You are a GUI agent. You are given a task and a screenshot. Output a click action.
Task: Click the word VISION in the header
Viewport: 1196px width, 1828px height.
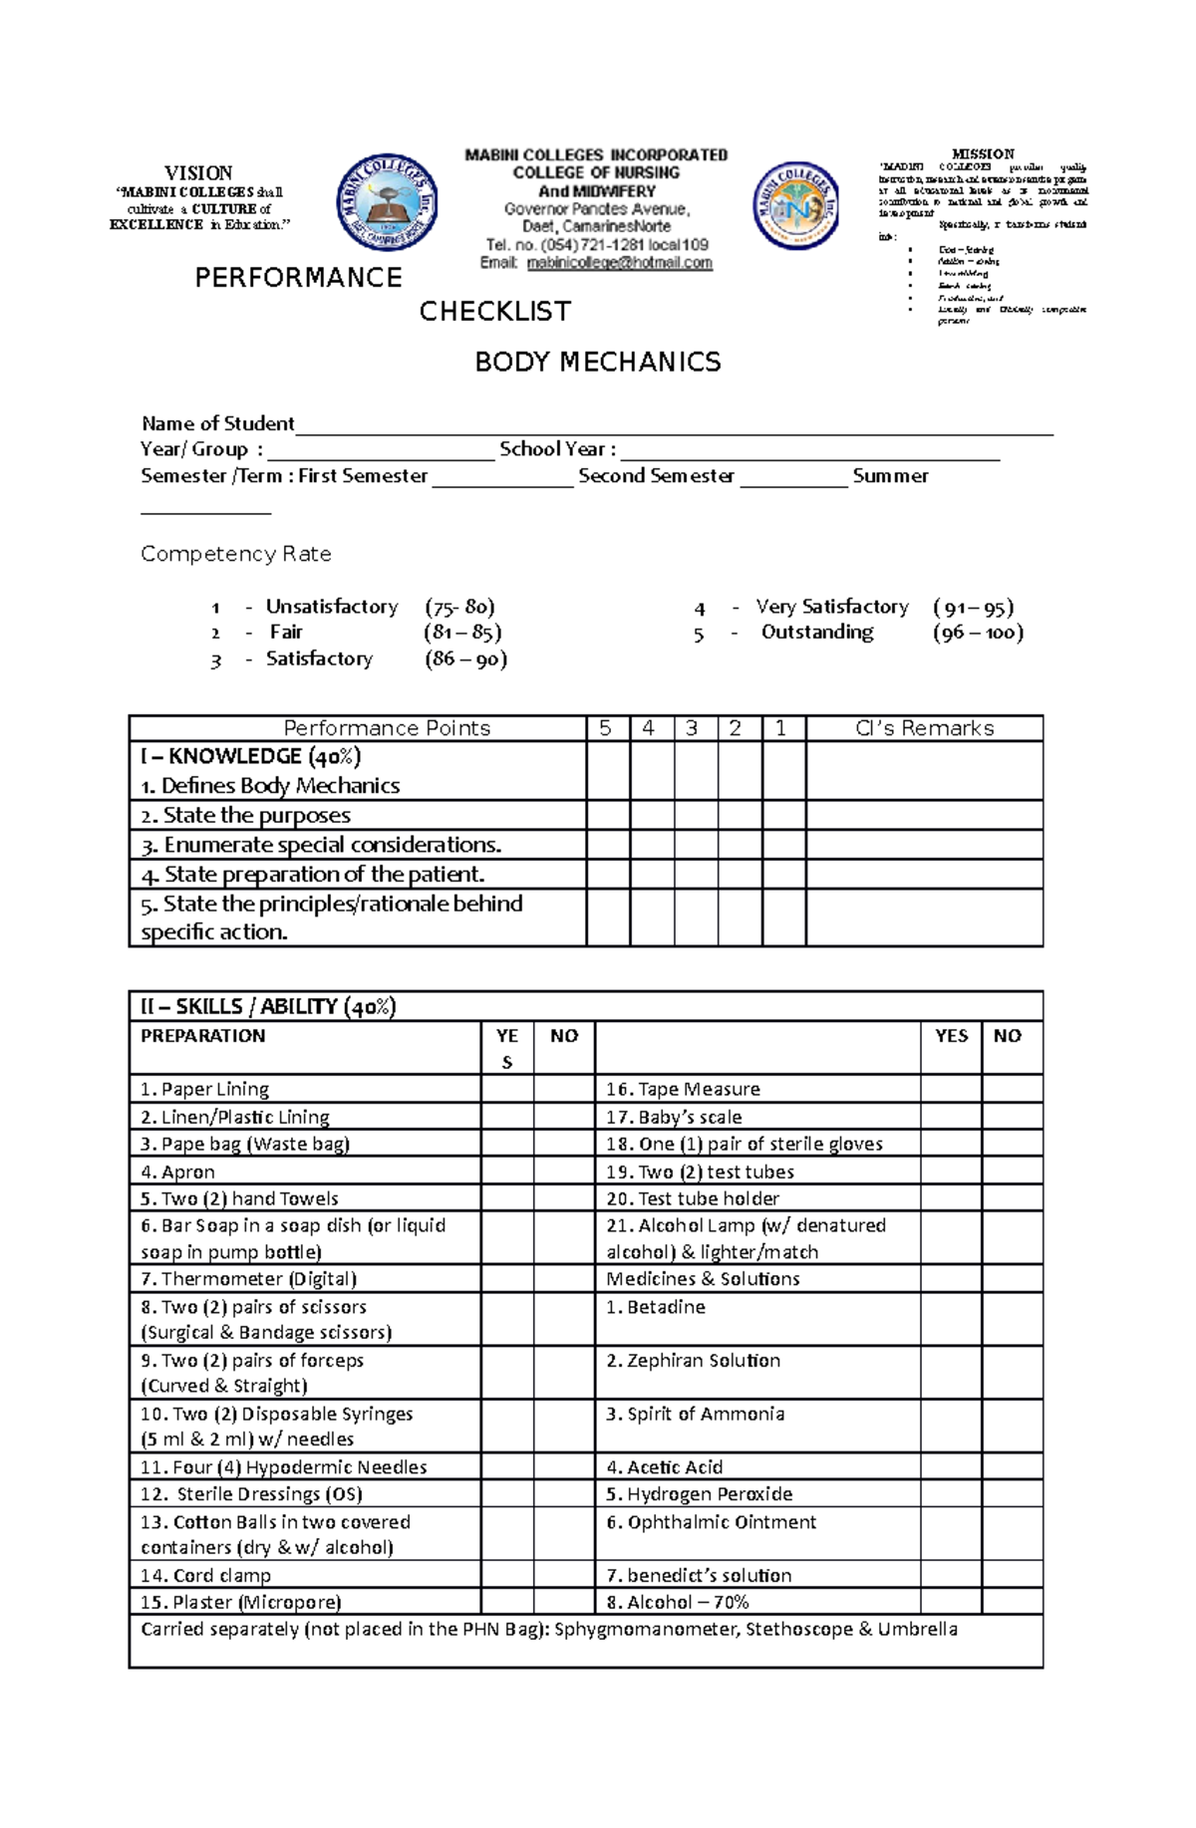198,173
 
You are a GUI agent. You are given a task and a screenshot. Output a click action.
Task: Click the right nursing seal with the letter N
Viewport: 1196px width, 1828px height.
795,205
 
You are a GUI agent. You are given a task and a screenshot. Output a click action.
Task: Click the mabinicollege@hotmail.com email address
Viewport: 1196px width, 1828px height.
619,263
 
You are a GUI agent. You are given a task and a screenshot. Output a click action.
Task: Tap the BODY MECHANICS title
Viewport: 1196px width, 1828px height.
597,362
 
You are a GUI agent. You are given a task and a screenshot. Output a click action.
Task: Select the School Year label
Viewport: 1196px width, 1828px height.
557,449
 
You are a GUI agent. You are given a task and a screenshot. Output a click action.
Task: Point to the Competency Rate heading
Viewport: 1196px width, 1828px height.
235,554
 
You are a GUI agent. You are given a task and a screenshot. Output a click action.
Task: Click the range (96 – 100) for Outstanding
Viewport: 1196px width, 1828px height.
978,633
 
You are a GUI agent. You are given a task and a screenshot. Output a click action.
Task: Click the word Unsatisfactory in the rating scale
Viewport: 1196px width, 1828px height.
331,607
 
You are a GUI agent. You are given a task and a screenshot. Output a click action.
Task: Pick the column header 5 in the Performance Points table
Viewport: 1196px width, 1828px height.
605,728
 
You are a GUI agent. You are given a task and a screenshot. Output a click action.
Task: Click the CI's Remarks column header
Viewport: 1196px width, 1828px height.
924,728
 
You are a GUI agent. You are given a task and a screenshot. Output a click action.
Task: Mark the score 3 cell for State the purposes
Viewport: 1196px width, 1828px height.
696,816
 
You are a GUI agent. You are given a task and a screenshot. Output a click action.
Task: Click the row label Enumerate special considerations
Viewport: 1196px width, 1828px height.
332,845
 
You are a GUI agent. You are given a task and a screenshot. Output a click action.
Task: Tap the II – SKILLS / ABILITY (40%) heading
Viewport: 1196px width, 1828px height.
268,1006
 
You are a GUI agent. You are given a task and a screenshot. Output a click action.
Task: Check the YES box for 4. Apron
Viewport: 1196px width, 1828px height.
506,1172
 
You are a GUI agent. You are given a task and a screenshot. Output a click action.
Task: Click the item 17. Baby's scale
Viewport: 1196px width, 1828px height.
674,1117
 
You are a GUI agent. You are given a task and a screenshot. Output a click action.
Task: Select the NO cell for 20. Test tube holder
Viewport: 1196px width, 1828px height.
1011,1198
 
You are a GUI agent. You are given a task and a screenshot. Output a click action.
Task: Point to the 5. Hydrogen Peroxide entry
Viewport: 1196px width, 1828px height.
699,1494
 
